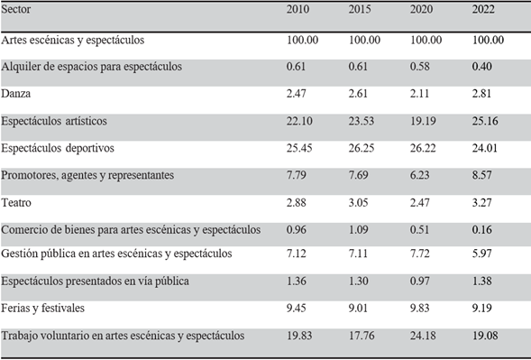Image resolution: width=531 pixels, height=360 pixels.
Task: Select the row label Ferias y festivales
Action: click(42, 309)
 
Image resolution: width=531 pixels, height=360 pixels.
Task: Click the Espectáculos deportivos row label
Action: click(59, 148)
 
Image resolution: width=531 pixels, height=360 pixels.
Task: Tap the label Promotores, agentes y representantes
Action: click(87, 174)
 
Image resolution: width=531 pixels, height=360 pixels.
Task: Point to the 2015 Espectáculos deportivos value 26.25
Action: click(362, 148)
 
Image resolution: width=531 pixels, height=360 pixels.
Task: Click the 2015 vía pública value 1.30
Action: click(360, 282)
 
